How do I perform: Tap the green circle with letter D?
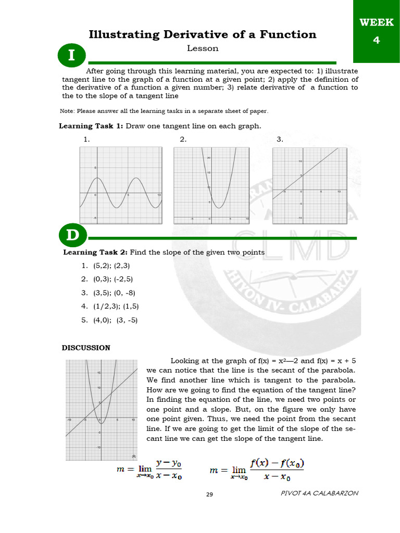(72, 236)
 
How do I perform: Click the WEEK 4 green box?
(377, 31)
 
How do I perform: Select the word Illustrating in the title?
(124, 35)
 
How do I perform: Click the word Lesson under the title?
(203, 48)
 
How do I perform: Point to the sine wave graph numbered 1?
(121, 185)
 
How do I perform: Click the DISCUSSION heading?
(86, 348)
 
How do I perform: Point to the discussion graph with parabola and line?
(101, 410)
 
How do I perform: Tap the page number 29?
(210, 494)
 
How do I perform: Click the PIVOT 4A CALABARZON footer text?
(319, 493)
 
